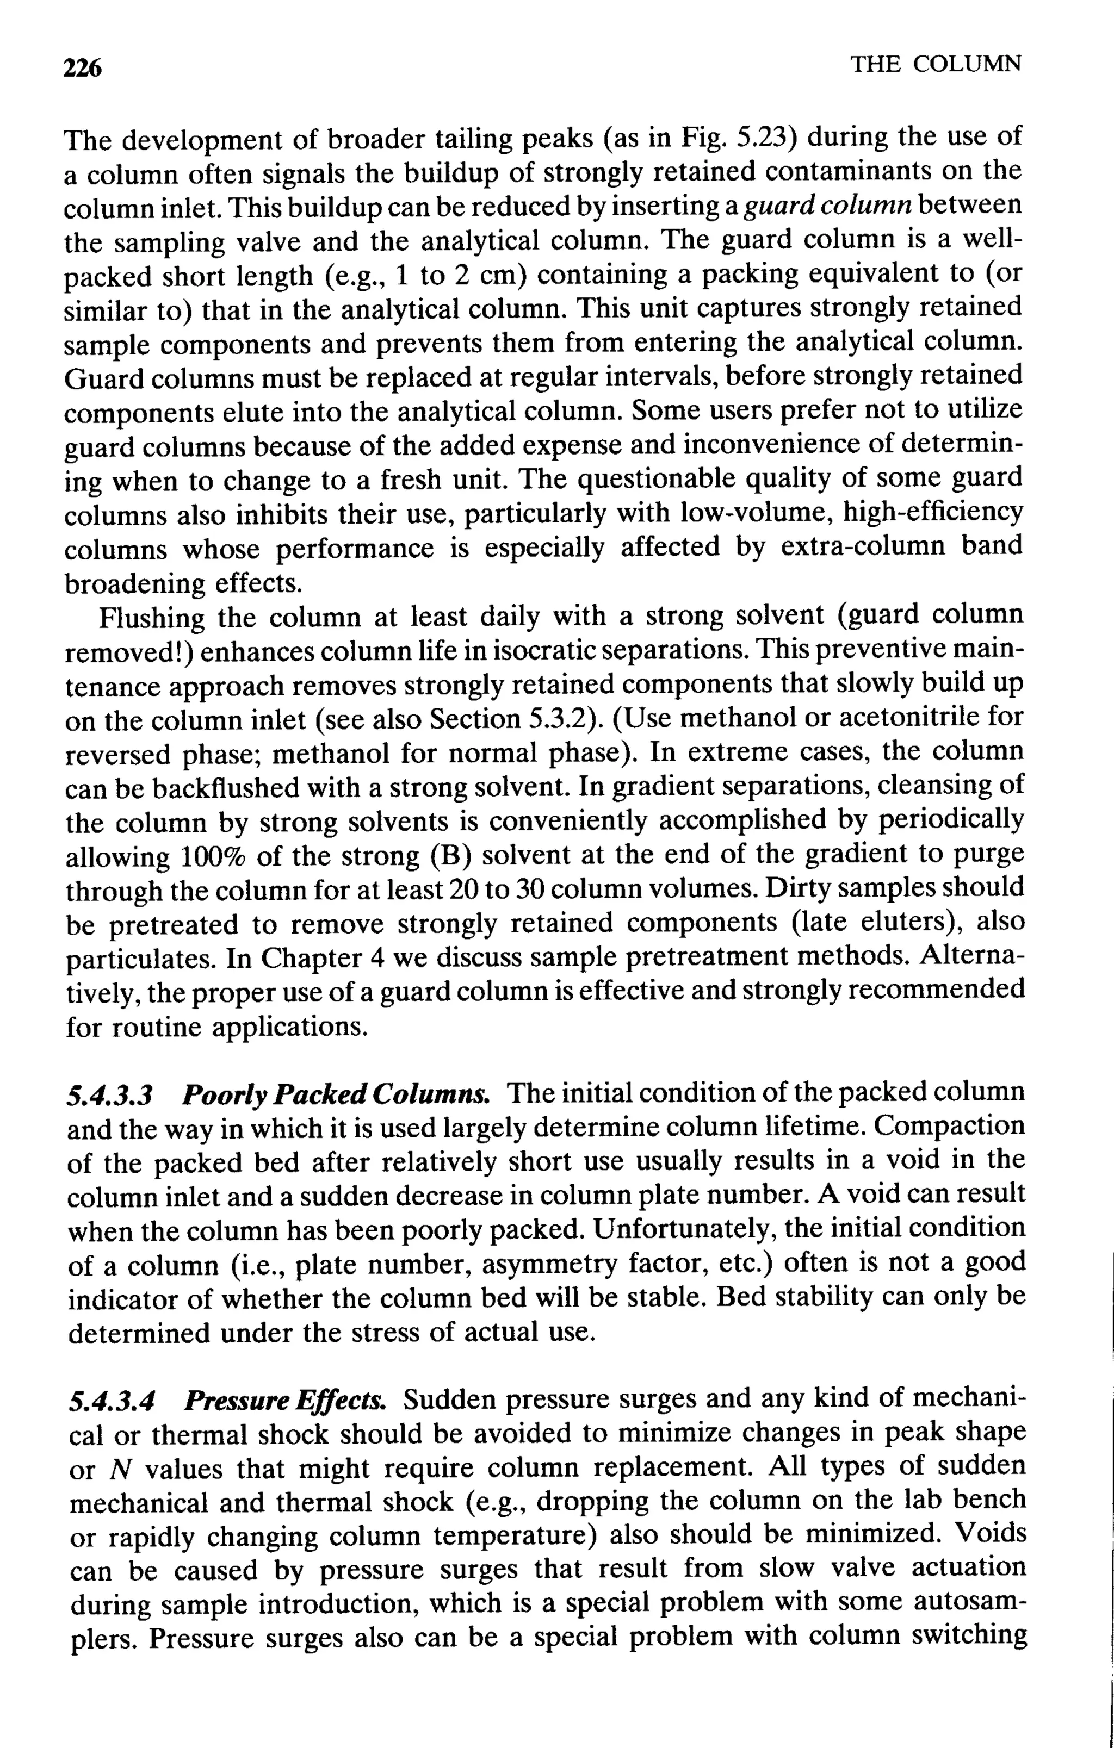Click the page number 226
coord(82,67)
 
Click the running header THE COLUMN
coord(936,65)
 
